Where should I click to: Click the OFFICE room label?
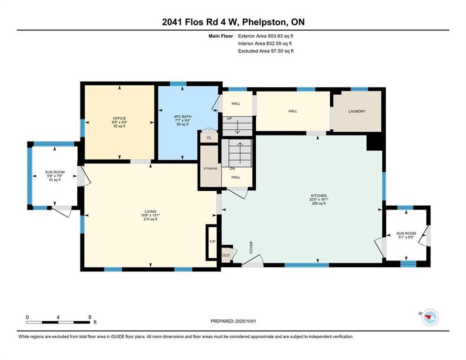point(119,118)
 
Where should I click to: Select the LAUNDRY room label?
point(357,111)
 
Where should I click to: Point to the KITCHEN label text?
point(318,195)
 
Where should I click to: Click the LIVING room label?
point(150,211)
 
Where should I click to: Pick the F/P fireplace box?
point(212,242)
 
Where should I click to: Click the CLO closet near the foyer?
point(226,255)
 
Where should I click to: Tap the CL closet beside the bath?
point(209,138)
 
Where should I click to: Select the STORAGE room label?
point(210,168)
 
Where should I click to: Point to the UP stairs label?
point(229,119)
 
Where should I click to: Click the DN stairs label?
point(232,169)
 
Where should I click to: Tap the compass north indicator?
point(429,317)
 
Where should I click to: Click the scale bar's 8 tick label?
point(89,317)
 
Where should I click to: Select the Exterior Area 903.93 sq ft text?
point(266,36)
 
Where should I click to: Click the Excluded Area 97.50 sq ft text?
point(266,51)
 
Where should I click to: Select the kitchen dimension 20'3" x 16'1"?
point(318,199)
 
